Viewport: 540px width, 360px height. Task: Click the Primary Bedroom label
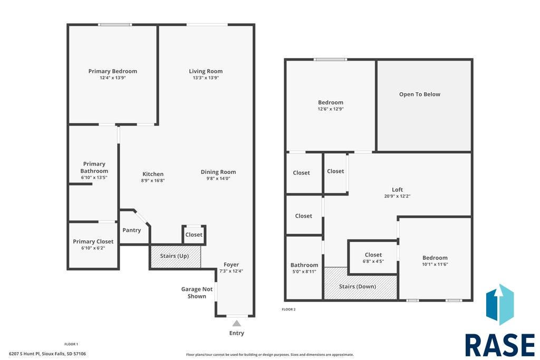(x=113, y=71)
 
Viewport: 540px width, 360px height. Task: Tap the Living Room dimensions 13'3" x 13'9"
(x=206, y=78)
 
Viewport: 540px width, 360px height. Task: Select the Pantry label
(x=131, y=230)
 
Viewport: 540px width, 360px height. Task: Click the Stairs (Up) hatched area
(x=176, y=256)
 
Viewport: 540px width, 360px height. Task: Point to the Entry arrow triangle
(x=236, y=323)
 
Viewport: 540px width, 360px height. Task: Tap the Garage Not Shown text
(x=197, y=293)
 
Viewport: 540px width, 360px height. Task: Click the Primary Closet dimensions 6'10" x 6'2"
(x=93, y=248)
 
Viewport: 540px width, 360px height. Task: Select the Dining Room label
(x=218, y=172)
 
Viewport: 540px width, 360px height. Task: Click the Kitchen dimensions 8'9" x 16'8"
(x=153, y=180)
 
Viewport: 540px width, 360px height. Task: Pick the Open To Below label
(x=419, y=94)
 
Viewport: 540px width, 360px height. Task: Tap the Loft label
(x=397, y=190)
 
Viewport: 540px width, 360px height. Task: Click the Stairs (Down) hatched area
(x=361, y=283)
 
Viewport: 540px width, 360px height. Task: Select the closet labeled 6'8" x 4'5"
(x=373, y=257)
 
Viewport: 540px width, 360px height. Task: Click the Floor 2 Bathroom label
(x=304, y=265)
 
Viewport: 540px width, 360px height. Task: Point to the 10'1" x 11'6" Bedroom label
(x=435, y=258)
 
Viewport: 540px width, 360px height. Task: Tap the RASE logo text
(x=500, y=345)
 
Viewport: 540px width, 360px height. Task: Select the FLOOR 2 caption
(x=288, y=309)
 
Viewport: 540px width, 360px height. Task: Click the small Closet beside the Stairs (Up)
(x=194, y=235)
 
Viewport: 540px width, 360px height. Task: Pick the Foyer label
(x=231, y=265)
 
